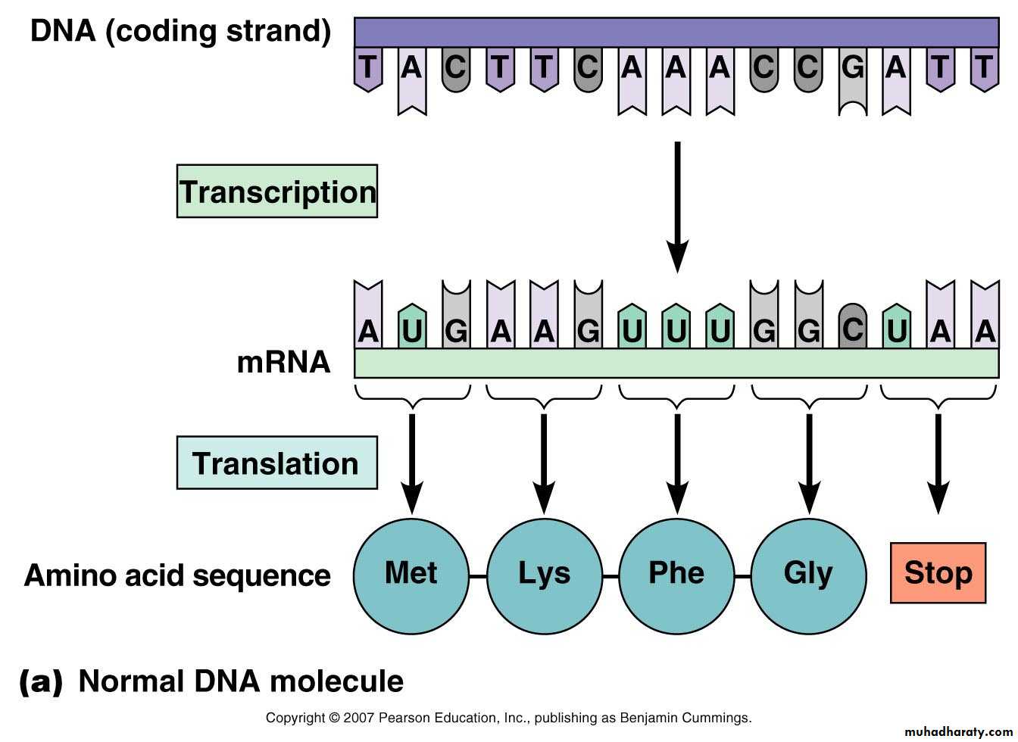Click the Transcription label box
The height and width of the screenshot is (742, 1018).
[277, 192]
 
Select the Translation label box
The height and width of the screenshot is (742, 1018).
[276, 463]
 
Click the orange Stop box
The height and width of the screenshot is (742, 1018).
[938, 573]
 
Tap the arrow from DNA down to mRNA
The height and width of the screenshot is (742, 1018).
[677, 204]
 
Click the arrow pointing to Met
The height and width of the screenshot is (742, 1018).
[412, 462]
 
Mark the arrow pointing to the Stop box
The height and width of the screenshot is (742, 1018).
[938, 462]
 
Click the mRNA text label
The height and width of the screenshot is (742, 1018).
[283, 363]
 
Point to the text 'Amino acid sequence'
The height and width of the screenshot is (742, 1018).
[177, 575]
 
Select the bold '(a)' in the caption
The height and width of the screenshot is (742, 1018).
[39, 681]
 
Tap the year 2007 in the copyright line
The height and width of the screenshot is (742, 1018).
[358, 718]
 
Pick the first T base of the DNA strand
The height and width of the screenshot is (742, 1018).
[368, 69]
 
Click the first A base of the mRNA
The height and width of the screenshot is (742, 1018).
[368, 329]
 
